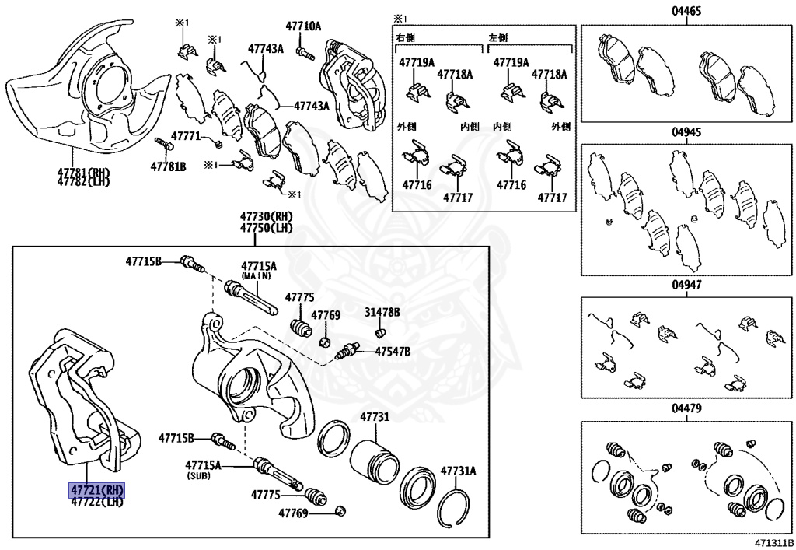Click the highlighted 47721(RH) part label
[97, 491]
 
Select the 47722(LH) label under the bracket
[97, 503]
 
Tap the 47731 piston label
[373, 418]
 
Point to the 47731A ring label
[458, 471]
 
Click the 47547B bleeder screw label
[393, 352]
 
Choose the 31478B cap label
[382, 312]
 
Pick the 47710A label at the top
[303, 26]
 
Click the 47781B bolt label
[169, 166]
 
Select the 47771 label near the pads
[187, 136]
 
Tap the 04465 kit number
[687, 11]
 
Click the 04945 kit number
[687, 132]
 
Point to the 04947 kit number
[687, 285]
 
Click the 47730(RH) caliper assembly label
[266, 216]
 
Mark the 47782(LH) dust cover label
[83, 182]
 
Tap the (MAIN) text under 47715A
[257, 275]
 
